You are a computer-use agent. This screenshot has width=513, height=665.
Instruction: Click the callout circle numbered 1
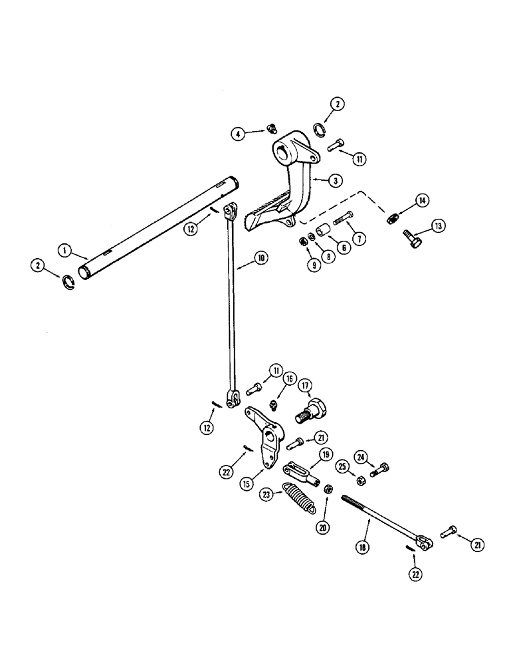[64, 251]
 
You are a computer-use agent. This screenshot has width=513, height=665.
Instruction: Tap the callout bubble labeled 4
[237, 134]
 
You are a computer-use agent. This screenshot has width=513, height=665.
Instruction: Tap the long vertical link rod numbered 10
[231, 306]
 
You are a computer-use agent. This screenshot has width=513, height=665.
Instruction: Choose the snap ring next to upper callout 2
[318, 128]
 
